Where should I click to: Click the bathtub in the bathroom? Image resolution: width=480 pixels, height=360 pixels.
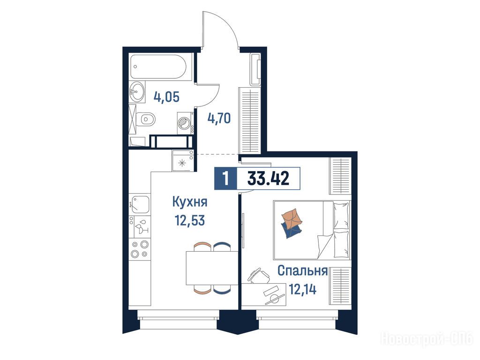158,67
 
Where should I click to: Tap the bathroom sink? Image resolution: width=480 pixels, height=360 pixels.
137,91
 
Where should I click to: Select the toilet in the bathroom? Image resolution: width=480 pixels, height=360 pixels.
146,119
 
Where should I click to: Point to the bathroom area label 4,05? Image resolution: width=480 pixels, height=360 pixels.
166,97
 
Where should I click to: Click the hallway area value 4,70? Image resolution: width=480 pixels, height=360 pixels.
219,118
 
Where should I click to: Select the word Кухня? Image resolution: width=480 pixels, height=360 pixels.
190,202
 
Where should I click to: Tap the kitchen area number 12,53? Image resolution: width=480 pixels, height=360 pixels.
190,220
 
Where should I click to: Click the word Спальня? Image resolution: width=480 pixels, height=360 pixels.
302,270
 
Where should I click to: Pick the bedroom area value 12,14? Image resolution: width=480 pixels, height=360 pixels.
302,289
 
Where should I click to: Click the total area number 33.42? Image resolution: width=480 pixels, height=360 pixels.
268,179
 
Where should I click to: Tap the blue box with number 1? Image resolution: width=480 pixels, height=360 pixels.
225,179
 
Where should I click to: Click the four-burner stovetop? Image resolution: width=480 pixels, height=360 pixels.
140,249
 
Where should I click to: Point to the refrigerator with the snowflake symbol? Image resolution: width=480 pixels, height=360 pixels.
182,160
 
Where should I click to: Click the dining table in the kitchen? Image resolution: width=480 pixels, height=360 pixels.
212,268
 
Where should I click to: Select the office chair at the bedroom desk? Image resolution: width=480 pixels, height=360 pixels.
259,275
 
